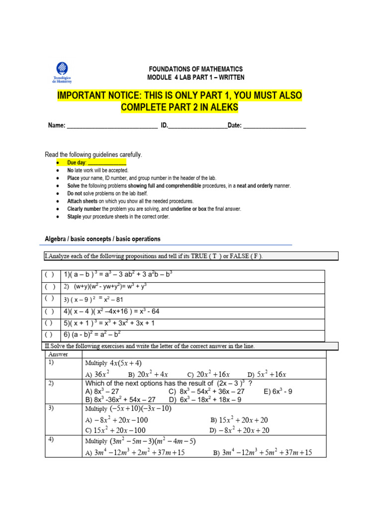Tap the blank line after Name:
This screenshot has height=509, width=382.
[112, 126]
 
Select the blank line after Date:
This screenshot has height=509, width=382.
[275, 126]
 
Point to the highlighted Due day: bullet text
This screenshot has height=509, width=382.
[96, 163]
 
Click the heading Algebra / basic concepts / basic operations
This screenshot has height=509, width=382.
[103, 239]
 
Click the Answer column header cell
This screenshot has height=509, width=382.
[58, 354]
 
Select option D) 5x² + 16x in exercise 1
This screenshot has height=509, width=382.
[269, 374]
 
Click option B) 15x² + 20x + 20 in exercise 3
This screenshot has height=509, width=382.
[239, 420]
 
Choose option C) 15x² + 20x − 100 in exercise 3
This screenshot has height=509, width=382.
[115, 430]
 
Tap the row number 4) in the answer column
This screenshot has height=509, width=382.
[52, 440]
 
